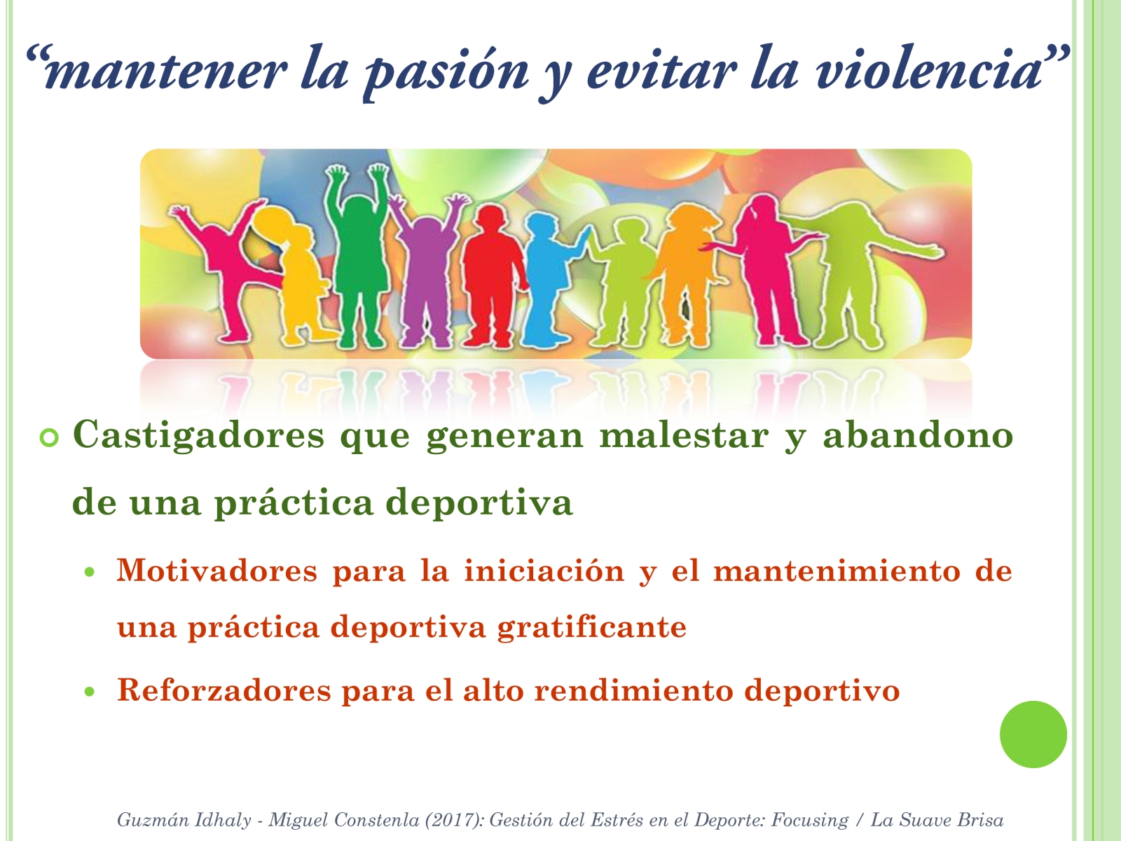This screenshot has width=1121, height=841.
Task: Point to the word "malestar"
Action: click(x=685, y=435)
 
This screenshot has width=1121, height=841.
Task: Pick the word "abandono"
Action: click(x=918, y=435)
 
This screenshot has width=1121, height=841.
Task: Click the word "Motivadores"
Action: click(x=217, y=571)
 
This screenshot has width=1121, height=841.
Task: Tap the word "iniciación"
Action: click(x=544, y=570)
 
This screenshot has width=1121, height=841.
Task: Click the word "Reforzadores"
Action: click(x=224, y=690)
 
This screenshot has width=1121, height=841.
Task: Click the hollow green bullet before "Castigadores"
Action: click(x=50, y=437)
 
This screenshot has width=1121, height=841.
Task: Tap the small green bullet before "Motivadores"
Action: click(x=90, y=573)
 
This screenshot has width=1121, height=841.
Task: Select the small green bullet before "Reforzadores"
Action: click(x=90, y=692)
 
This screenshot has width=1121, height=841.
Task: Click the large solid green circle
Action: click(x=1033, y=734)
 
